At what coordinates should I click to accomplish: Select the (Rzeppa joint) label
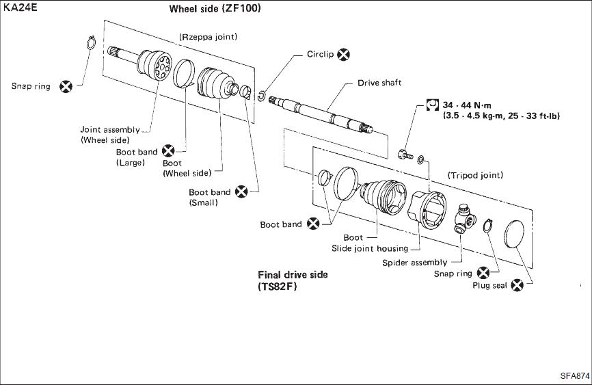point(208,37)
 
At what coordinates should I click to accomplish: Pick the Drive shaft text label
point(379,83)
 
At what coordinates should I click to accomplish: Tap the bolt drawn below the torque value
point(403,154)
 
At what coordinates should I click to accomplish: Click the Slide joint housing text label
point(369,248)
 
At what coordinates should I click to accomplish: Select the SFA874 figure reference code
point(574,375)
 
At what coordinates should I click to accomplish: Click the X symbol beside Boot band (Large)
point(167,150)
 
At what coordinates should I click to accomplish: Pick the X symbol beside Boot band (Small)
point(241,191)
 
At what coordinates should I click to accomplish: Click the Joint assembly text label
point(110,129)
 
